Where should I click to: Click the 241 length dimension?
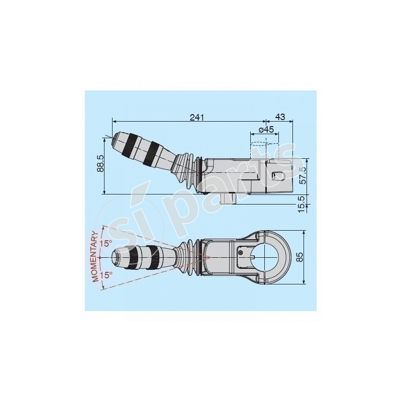pos(196,117)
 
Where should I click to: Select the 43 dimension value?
pos(280,117)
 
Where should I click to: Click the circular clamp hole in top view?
pos(266,257)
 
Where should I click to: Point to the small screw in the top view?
pos(241,251)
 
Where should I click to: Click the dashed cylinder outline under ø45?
pos(263,149)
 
